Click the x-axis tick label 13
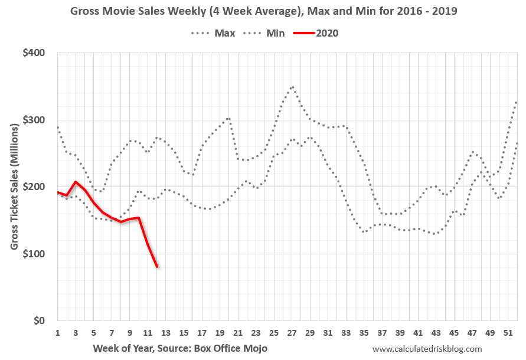coord(166,333)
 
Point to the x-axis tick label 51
coord(508,333)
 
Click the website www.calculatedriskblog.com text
coord(427,349)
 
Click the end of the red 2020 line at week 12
coord(157,267)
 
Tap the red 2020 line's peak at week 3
coord(76,182)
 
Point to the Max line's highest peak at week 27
coord(292,87)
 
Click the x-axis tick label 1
coord(58,333)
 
